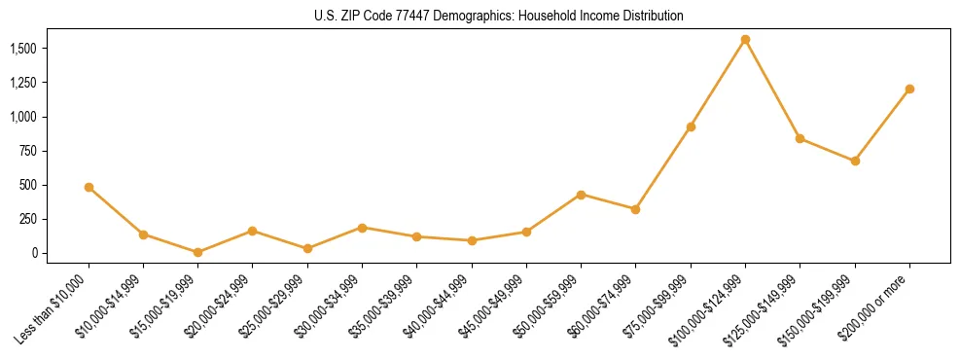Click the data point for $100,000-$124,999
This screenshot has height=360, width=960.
click(745, 40)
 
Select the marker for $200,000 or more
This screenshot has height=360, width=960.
click(909, 89)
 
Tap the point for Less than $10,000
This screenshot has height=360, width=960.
click(89, 187)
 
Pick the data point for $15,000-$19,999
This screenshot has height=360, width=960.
click(197, 252)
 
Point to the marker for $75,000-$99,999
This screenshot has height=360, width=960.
click(691, 126)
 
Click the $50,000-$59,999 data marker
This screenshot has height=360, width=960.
click(581, 195)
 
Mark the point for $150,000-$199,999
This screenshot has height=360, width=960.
click(855, 161)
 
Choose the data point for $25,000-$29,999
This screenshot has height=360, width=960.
click(307, 248)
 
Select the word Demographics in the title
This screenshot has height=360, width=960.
click(473, 16)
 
